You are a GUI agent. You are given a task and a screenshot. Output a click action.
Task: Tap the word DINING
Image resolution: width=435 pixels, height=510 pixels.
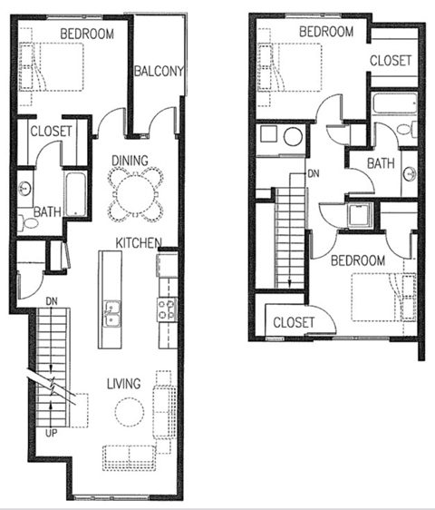[x=130, y=161]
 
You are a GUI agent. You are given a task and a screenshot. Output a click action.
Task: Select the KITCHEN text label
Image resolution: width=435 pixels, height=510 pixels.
[x=138, y=242]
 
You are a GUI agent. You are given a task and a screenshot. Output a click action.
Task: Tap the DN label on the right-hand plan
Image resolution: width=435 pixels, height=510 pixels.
[x=314, y=172]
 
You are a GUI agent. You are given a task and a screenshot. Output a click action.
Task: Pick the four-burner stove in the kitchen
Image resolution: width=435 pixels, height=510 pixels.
[x=168, y=309]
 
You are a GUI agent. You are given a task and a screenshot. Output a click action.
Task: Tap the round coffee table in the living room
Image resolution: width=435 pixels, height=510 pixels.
[x=128, y=413]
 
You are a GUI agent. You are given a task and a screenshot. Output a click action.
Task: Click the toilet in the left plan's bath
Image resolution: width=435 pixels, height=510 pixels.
[x=24, y=221]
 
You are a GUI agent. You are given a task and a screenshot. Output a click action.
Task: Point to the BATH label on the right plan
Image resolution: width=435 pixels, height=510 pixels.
[x=380, y=163]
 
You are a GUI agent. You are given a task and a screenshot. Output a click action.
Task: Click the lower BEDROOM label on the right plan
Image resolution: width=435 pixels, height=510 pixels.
[x=356, y=260]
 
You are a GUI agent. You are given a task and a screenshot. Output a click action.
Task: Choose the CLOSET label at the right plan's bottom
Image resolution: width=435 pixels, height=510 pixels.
[x=294, y=322]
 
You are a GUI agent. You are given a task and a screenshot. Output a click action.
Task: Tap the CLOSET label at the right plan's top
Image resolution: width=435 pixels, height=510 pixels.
[x=391, y=61]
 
